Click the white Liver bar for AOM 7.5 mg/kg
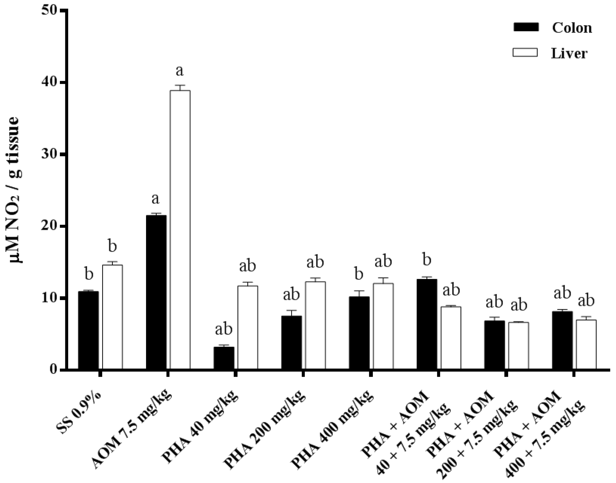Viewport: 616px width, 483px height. click(180, 229)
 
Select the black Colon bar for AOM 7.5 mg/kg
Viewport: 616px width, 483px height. click(156, 292)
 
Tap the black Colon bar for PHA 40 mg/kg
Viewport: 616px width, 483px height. click(224, 358)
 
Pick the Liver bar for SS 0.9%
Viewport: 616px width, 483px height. click(112, 316)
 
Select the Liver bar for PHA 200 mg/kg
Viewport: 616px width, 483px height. click(315, 325)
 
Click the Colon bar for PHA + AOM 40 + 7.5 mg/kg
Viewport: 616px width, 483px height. click(427, 324)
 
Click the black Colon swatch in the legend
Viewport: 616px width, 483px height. click(526, 27)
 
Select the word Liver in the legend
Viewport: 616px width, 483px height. click(569, 53)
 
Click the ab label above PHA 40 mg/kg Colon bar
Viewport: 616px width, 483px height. click(223, 329)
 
